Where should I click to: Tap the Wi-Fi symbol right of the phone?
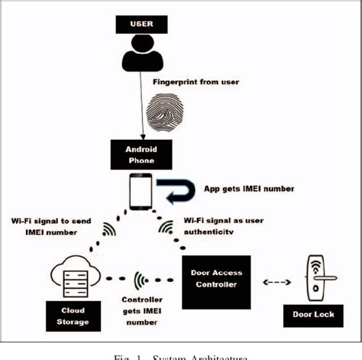(x=166, y=228)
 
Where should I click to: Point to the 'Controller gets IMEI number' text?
(x=141, y=312)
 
